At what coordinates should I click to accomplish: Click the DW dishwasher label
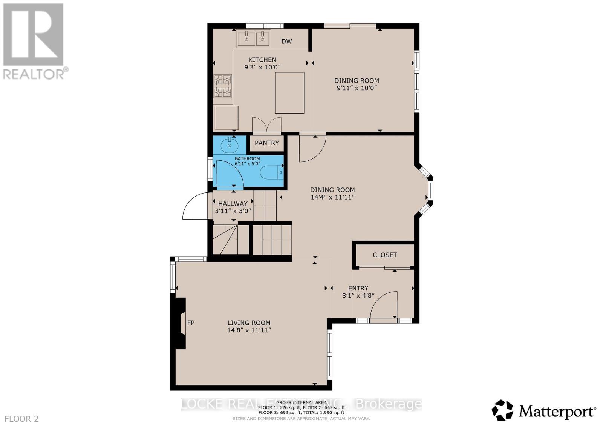click(286, 41)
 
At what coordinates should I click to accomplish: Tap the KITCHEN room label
click(262, 60)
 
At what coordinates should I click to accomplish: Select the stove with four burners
click(223, 86)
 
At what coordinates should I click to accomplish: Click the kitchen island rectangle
click(289, 93)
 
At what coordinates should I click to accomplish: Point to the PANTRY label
click(267, 143)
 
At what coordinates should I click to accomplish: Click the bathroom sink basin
click(229, 145)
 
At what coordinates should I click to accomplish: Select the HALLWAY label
click(233, 204)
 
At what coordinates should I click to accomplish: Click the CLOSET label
click(385, 255)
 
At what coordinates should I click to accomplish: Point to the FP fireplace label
click(191, 323)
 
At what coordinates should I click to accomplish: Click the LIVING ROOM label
click(249, 323)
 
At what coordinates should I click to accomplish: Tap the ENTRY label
click(358, 288)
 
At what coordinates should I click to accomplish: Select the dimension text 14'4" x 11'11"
click(332, 197)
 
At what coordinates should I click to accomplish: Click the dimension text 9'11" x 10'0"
click(357, 88)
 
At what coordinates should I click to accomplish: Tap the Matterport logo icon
click(502, 410)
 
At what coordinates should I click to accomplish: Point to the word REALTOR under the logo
click(34, 74)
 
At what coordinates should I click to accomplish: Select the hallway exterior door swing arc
click(195, 206)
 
